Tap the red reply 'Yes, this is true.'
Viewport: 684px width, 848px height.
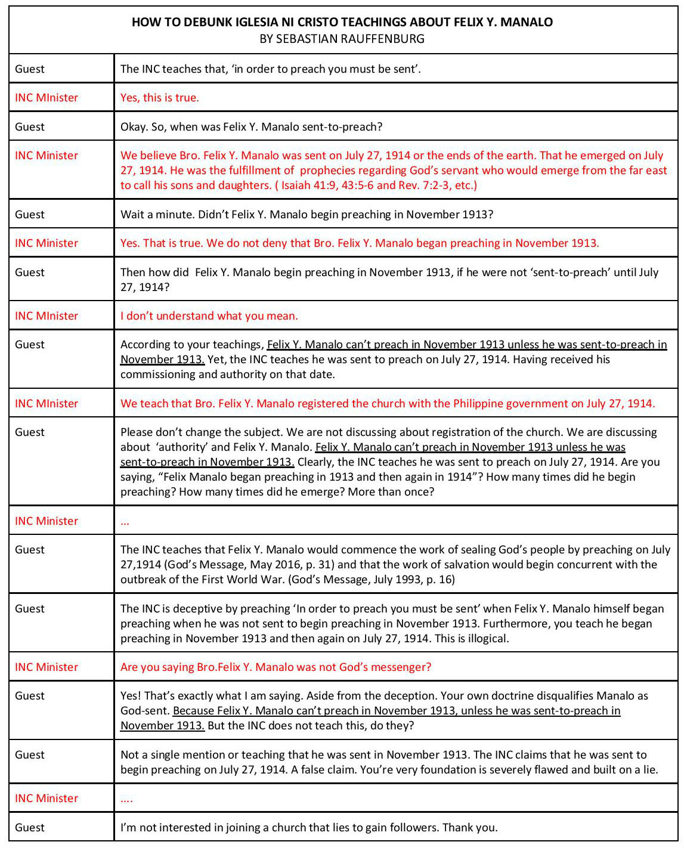point(159,98)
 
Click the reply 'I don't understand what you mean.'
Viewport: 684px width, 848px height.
point(209,316)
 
